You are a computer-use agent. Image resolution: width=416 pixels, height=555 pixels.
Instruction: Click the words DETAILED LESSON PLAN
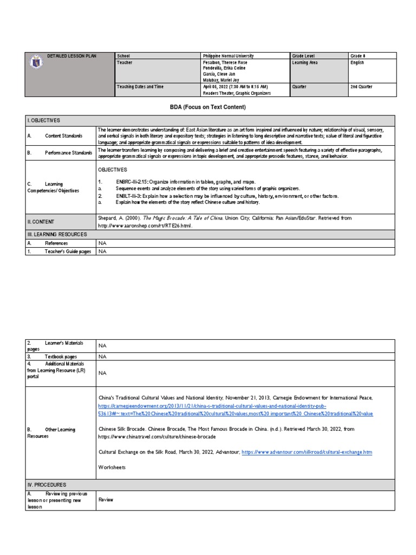(71, 56)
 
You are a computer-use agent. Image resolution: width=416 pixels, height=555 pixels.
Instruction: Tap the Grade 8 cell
(358, 56)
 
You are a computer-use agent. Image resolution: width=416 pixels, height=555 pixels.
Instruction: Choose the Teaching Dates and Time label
(140, 86)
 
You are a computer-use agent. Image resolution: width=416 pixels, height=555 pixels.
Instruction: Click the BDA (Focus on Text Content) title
(208, 107)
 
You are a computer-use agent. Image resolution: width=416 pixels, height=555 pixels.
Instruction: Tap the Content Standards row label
(63, 135)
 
